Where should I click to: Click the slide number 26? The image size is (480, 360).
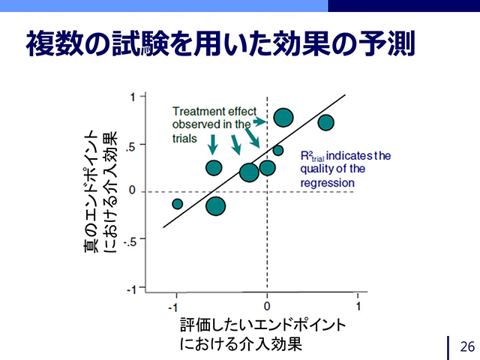[x=467, y=346]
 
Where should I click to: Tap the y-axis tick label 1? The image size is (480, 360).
[x=133, y=97]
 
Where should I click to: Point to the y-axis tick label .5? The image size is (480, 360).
[x=130, y=147]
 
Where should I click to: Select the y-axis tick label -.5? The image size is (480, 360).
[x=130, y=241]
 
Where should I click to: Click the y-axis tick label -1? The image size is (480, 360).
[x=131, y=289]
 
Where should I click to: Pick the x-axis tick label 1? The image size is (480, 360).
[x=358, y=305]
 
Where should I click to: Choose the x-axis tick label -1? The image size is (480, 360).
[x=173, y=307]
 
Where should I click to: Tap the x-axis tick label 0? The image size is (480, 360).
[x=267, y=306]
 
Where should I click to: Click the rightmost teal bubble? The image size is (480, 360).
[x=325, y=122]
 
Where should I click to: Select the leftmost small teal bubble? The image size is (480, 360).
[x=177, y=204]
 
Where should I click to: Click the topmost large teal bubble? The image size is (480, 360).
[x=283, y=118]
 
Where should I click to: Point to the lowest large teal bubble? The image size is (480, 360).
[x=216, y=206]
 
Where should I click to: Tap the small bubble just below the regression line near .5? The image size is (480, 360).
[x=278, y=150]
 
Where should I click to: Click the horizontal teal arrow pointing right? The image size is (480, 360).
[x=260, y=121]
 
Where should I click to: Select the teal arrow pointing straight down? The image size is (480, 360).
[x=213, y=145]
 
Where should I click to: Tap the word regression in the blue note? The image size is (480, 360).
[x=327, y=183]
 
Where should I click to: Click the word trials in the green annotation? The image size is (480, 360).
[x=184, y=139]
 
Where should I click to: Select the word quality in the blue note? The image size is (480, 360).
[x=316, y=169]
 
